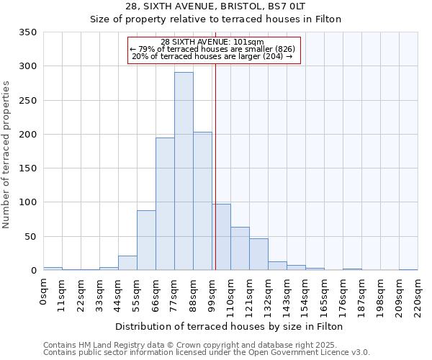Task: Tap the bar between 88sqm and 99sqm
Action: click(x=202, y=201)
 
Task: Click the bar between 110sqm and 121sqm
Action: click(x=240, y=248)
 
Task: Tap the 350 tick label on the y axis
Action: click(x=28, y=32)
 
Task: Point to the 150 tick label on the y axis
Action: click(x=28, y=168)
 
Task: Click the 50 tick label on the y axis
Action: click(x=31, y=236)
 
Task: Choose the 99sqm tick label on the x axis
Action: click(x=212, y=294)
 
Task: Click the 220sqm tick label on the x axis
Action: click(x=418, y=297)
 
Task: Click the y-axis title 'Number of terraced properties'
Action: click(x=6, y=154)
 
